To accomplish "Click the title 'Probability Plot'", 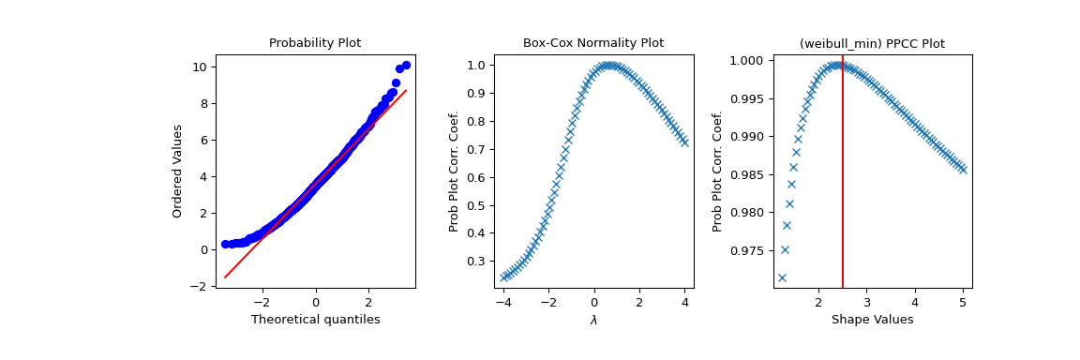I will pyautogui.click(x=315, y=43).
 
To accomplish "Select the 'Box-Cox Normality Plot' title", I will pyautogui.click(x=593, y=43).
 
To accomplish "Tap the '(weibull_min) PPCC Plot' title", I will pyautogui.click(x=872, y=43).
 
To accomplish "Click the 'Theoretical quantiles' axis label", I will pyautogui.click(x=315, y=320).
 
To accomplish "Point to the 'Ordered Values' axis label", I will pyautogui.click(x=177, y=171).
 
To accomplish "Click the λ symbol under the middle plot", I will pyautogui.click(x=593, y=320).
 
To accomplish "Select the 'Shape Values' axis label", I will pyautogui.click(x=872, y=320).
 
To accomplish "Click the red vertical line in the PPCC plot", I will pyautogui.click(x=843, y=187).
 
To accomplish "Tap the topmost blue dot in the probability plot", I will pyautogui.click(x=406, y=65).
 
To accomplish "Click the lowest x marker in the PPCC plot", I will pyautogui.click(x=782, y=277).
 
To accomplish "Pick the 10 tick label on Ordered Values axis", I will pyautogui.click(x=201, y=67).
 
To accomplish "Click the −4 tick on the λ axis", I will pyautogui.click(x=503, y=303).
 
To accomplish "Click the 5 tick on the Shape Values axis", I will pyautogui.click(x=963, y=303).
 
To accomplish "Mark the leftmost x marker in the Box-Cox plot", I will pyautogui.click(x=503, y=277).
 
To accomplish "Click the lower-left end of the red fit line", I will pyautogui.click(x=225, y=277).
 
